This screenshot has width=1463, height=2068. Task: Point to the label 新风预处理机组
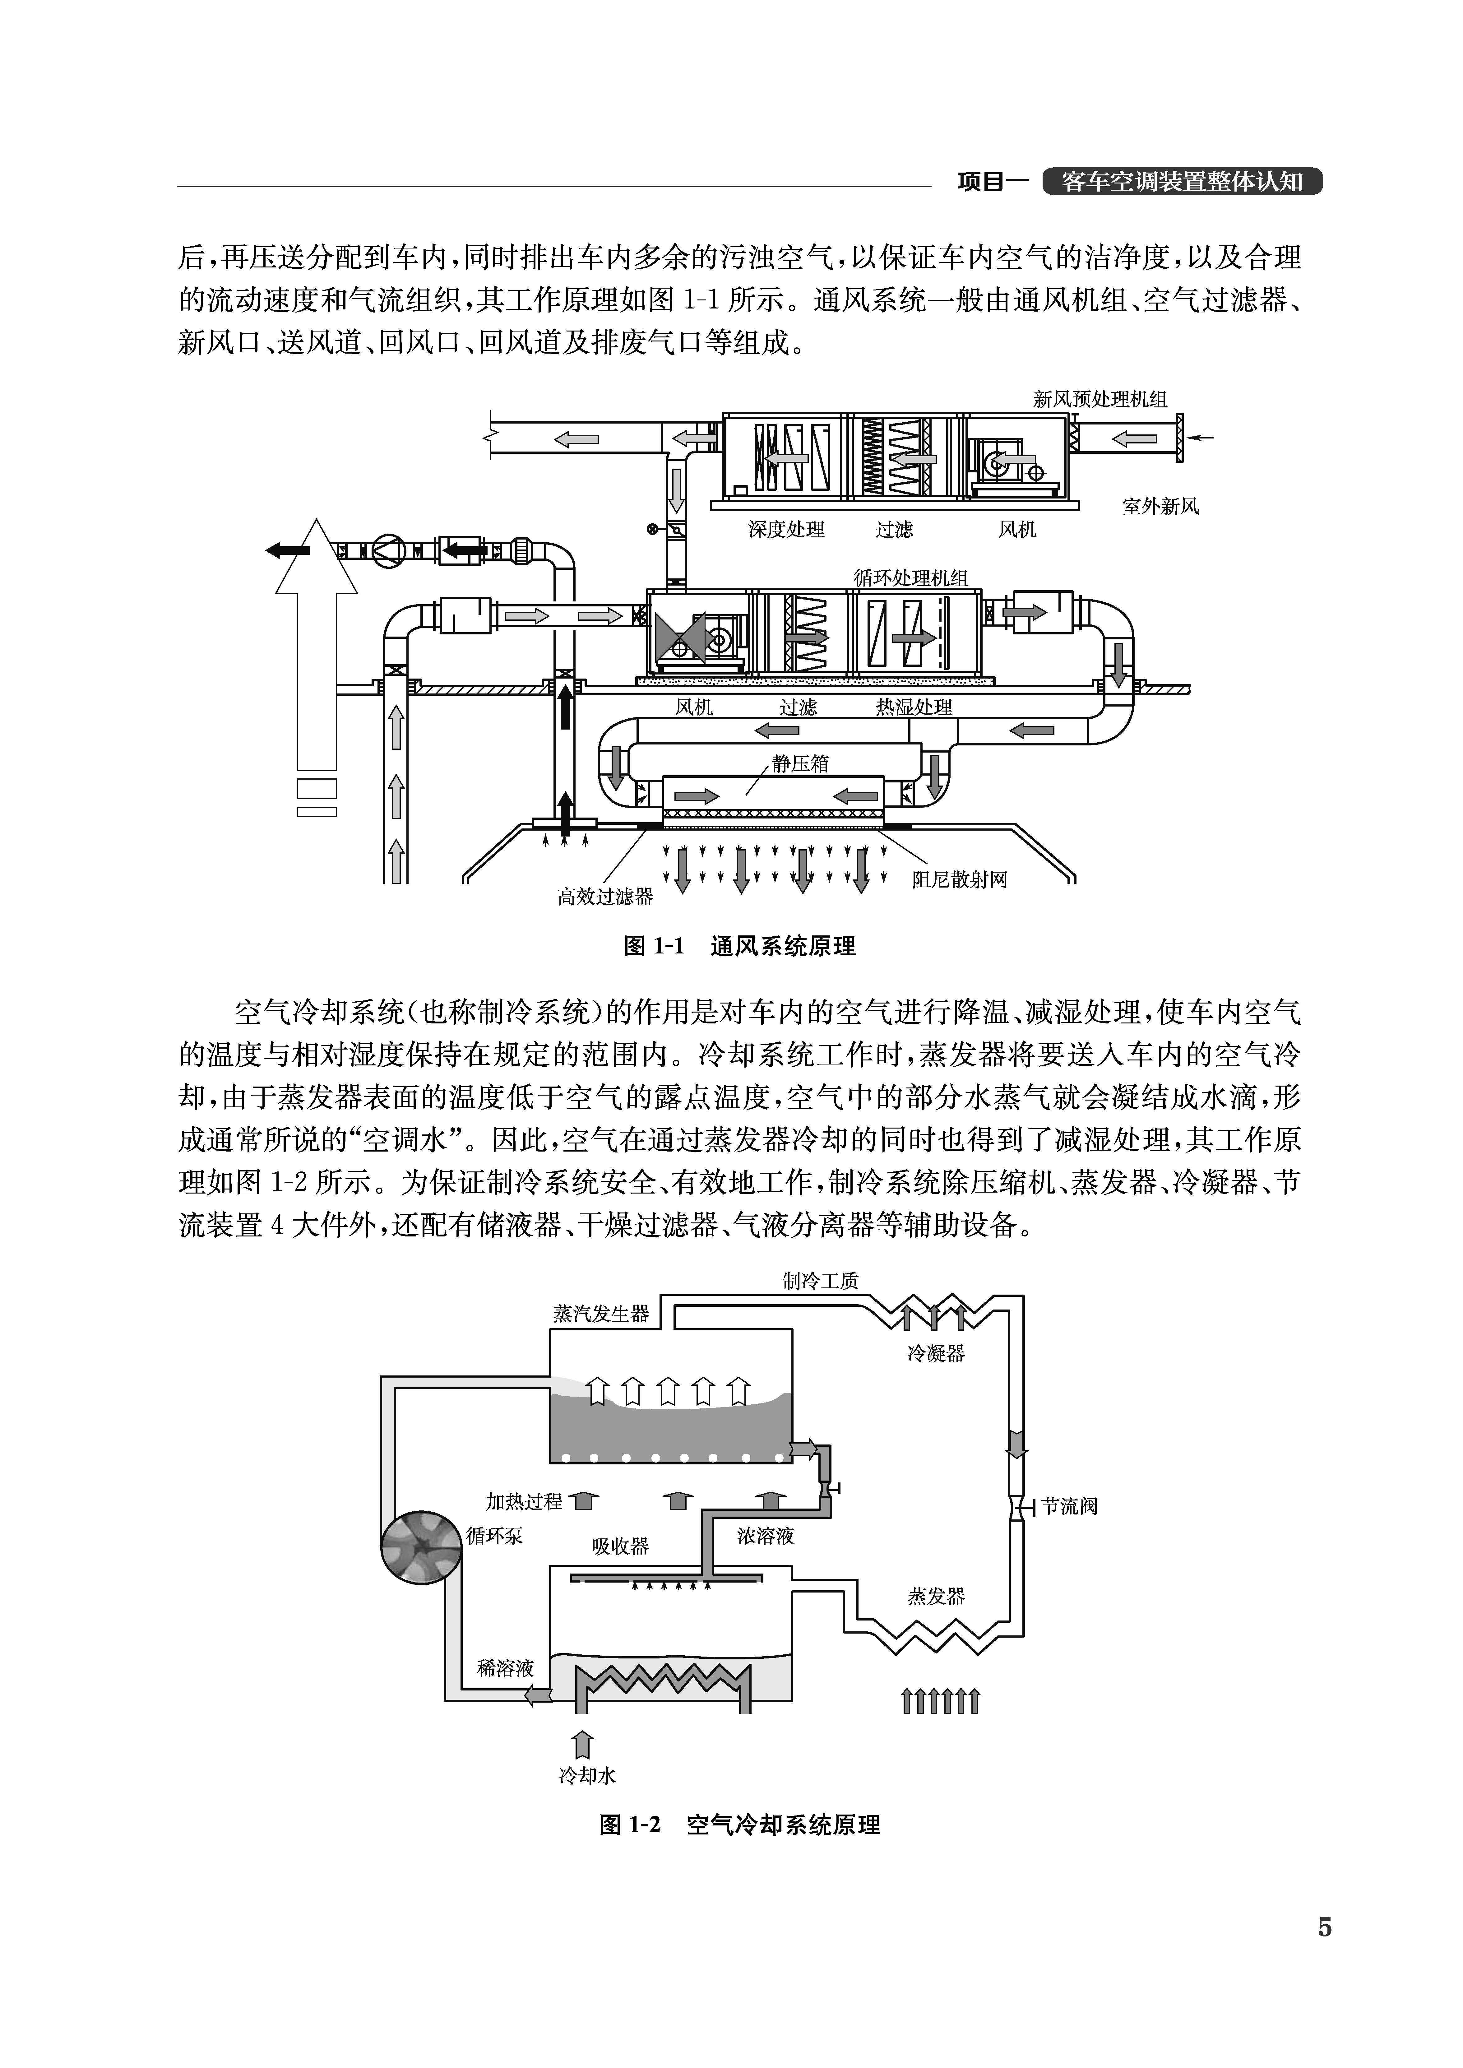[1100, 399]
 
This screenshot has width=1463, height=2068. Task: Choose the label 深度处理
[785, 530]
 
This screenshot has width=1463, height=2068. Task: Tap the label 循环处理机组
[911, 577]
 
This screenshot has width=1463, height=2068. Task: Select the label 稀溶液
[505, 1668]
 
